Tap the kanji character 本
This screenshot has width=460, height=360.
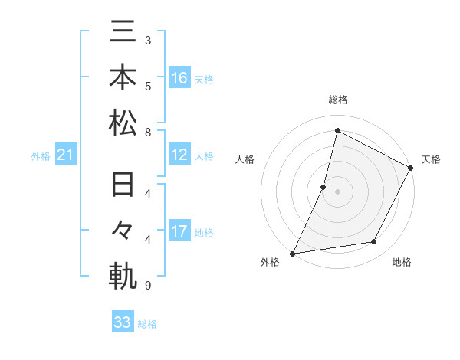coord(123,77)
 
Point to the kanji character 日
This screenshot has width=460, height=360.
coord(123,186)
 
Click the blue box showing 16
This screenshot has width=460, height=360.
coord(179,77)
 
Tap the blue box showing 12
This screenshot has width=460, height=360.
coord(179,155)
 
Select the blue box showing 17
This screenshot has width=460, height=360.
coord(179,231)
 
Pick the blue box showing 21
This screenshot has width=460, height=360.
coord(66,155)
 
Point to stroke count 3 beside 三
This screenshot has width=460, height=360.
coord(147,39)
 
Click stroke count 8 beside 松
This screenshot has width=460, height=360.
coord(147,132)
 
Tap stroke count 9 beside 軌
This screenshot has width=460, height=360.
coord(147,286)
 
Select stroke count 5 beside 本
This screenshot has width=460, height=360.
coord(147,85)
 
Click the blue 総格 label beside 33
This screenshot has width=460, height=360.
coord(147,324)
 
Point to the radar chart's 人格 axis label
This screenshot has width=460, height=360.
coord(245,159)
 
